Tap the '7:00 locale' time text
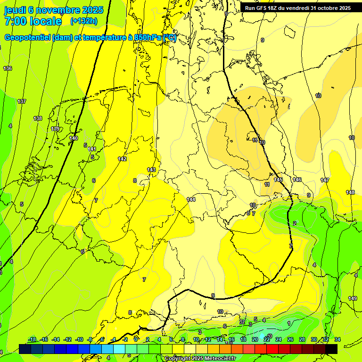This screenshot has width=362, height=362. (x=33, y=21)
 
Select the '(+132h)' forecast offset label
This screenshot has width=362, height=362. (x=83, y=21)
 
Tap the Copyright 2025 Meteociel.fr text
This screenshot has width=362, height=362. (x=200, y=358)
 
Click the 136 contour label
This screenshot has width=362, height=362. (x=8, y=69)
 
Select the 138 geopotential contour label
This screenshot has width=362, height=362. (x=38, y=118)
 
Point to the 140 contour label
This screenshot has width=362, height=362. (x=74, y=138)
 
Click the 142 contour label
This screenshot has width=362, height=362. (x=122, y=159)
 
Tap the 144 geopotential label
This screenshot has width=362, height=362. (x=191, y=200)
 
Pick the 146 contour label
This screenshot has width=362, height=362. (x=297, y=180)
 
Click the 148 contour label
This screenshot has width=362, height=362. (x=350, y=192)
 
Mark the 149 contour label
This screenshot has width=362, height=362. (x=353, y=298)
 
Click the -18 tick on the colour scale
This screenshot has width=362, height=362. (x=32, y=339)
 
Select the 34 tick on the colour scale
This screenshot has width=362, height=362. (x=337, y=339)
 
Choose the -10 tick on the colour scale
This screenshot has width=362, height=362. (x=79, y=339)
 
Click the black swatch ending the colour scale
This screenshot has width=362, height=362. (x=331, y=348)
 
